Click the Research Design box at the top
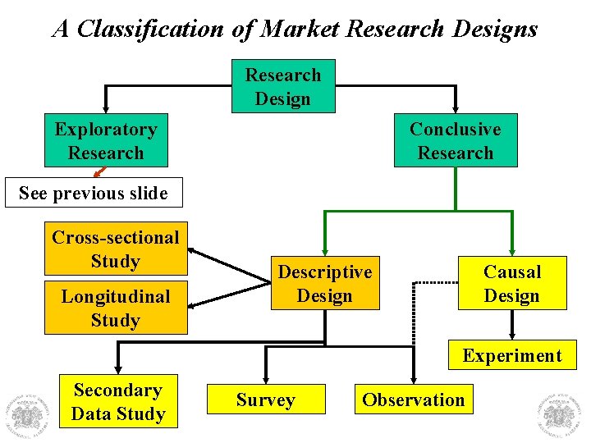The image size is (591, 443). (283, 86)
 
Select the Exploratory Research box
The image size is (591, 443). (105, 140)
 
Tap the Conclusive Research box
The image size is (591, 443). (456, 140)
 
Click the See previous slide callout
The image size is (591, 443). (93, 194)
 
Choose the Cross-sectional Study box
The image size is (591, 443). (115, 249)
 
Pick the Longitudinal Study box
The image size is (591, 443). (115, 308)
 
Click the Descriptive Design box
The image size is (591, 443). (324, 283)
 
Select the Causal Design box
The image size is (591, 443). (511, 283)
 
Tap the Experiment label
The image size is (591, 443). (511, 355)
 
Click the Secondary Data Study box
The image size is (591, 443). (117, 402)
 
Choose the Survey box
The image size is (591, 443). (265, 400)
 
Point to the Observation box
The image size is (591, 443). (413, 400)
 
